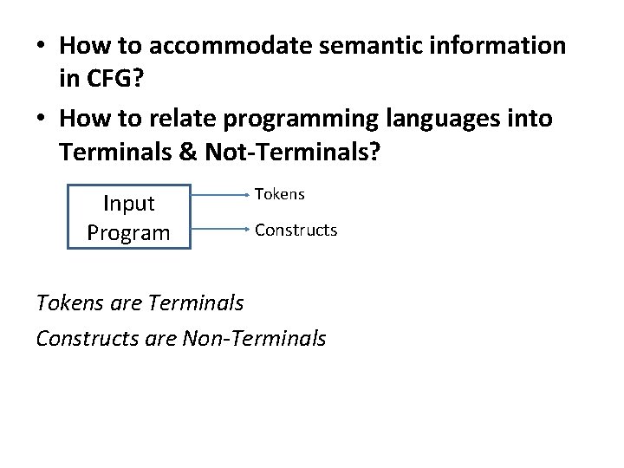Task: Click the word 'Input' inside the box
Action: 128,204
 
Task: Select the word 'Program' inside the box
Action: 128,232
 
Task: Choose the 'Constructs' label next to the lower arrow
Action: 296,231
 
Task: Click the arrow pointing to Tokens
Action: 220,196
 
